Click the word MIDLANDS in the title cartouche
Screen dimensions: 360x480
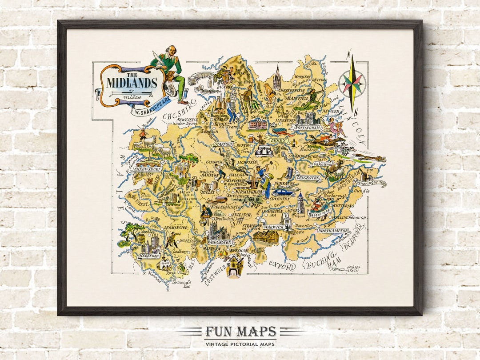coord(132,83)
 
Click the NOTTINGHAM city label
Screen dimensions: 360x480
coord(307,128)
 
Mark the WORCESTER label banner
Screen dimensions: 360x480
coord(220,242)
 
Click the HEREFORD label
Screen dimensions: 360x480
coord(148,256)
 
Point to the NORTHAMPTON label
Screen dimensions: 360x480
coord(332,231)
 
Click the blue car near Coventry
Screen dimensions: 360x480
coord(283,193)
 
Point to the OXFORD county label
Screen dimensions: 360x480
coord(282,266)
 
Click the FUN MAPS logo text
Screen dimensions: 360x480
coord(240,332)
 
